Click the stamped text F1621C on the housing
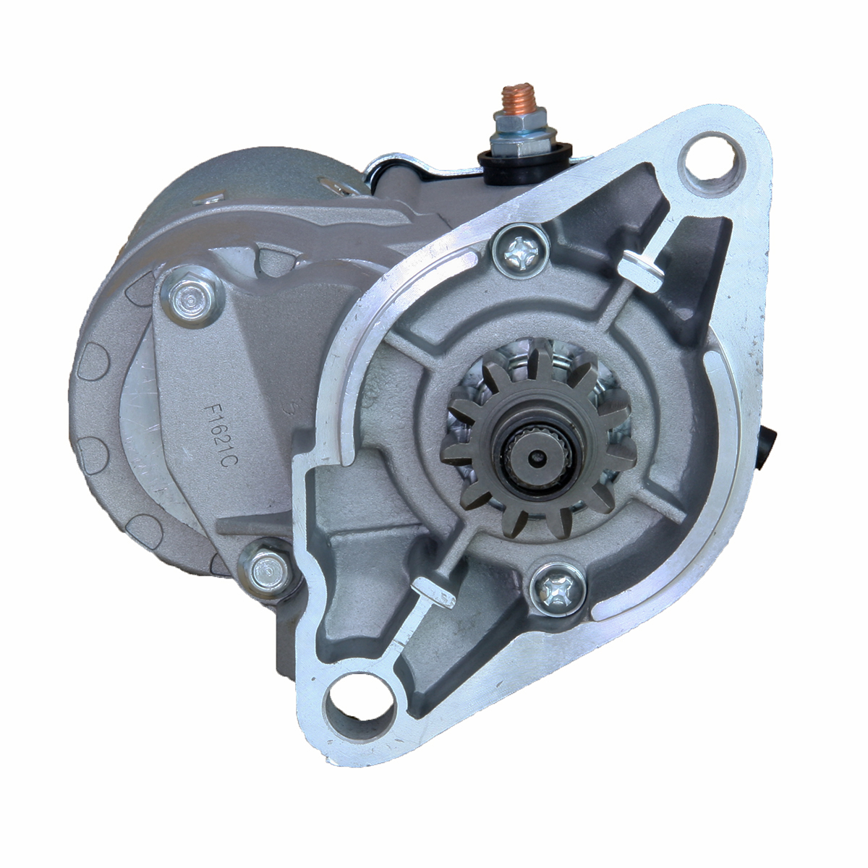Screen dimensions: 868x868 [218, 437]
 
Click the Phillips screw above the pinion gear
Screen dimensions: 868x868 [520, 252]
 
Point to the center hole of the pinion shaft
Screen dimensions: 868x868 [535, 456]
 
